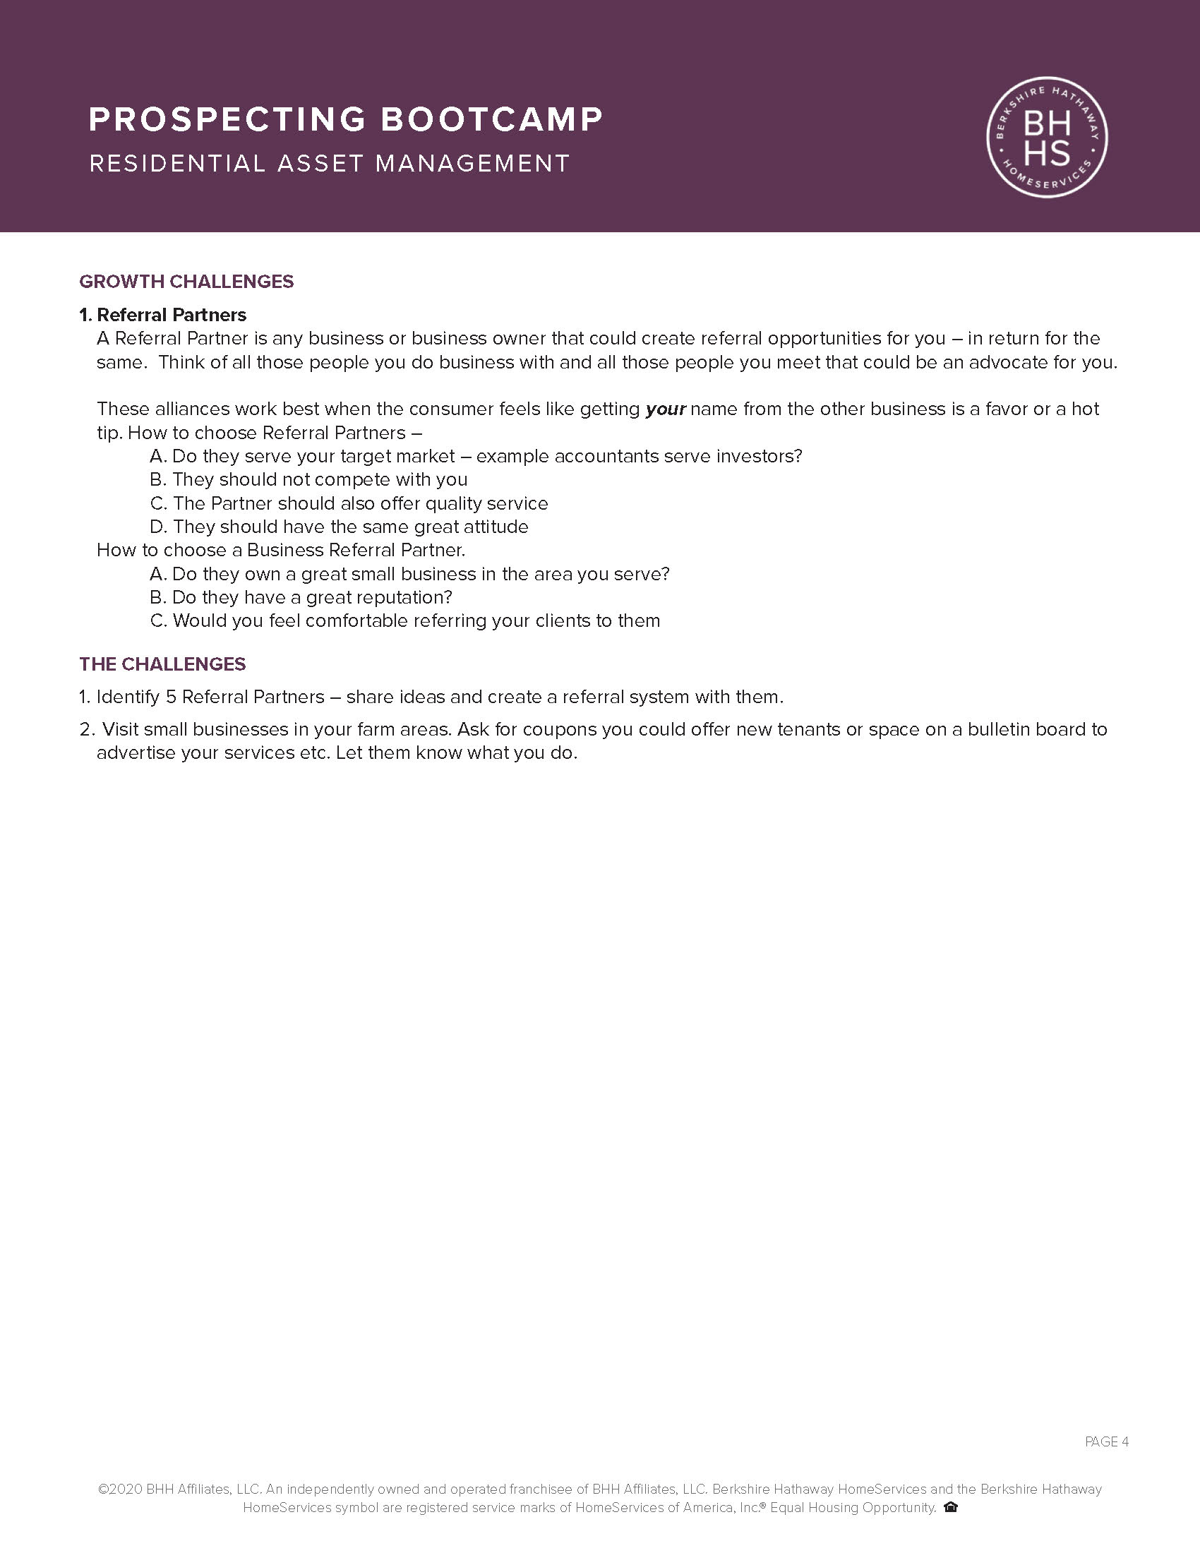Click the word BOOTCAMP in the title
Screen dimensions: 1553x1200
coord(492,119)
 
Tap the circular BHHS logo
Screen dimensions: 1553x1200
coord(1047,137)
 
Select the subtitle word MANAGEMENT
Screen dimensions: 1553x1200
coord(472,164)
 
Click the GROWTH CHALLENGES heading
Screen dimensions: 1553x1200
coord(186,282)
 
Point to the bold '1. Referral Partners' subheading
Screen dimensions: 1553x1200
coord(163,315)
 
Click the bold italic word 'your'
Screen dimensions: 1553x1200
coord(666,409)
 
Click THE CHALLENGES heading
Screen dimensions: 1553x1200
coord(162,664)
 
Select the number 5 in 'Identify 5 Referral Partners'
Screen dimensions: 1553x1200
coord(171,697)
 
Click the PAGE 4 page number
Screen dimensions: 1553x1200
coord(1107,1442)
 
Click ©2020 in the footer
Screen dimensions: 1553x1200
coord(120,1489)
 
